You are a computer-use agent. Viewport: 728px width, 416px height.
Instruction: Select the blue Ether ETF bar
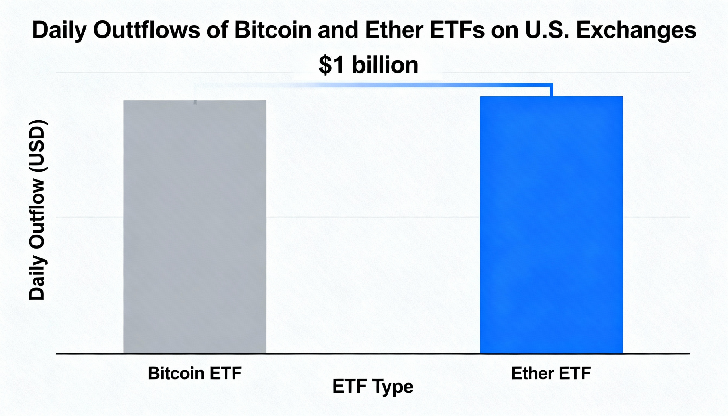[x=551, y=225]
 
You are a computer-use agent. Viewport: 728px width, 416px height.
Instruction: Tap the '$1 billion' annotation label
[x=368, y=65]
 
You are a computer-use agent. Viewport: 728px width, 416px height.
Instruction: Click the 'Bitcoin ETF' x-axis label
[x=195, y=373]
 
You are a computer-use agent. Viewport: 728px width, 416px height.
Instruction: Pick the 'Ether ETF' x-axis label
[x=551, y=373]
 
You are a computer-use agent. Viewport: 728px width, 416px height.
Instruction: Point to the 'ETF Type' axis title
[x=373, y=387]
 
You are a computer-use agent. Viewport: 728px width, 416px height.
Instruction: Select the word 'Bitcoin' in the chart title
[x=273, y=30]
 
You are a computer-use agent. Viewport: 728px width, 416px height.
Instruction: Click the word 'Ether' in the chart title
[x=394, y=30]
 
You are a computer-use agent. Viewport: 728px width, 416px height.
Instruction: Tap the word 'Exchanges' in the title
[x=636, y=30]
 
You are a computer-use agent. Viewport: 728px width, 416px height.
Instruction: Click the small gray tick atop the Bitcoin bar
[x=195, y=102]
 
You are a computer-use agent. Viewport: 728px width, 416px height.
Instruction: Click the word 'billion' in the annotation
[x=385, y=65]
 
